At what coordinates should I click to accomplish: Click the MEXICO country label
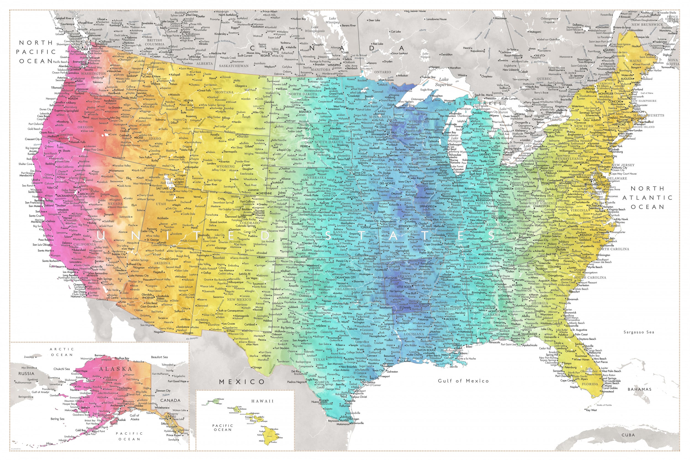(x=242, y=382)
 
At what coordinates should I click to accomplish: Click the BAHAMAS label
(x=639, y=389)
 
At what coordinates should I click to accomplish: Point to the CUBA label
(x=628, y=435)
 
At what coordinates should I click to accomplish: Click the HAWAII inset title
(x=262, y=401)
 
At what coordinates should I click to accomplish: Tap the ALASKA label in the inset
(x=115, y=369)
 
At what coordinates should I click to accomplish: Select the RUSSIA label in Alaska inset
(x=26, y=373)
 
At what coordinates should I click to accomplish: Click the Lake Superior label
(x=444, y=82)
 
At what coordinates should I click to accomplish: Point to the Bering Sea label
(x=57, y=419)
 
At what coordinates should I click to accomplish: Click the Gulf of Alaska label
(x=135, y=417)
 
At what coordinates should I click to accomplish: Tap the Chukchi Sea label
(x=62, y=369)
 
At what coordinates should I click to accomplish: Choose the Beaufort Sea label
(x=159, y=357)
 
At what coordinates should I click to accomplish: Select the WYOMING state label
(x=225, y=166)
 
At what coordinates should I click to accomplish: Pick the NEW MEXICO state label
(x=239, y=299)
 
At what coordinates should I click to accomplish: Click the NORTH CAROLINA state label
(x=613, y=249)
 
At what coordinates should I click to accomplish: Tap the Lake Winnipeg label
(x=332, y=20)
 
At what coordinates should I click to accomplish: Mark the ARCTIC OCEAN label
(x=62, y=352)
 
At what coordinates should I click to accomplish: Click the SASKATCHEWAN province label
(x=234, y=66)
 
